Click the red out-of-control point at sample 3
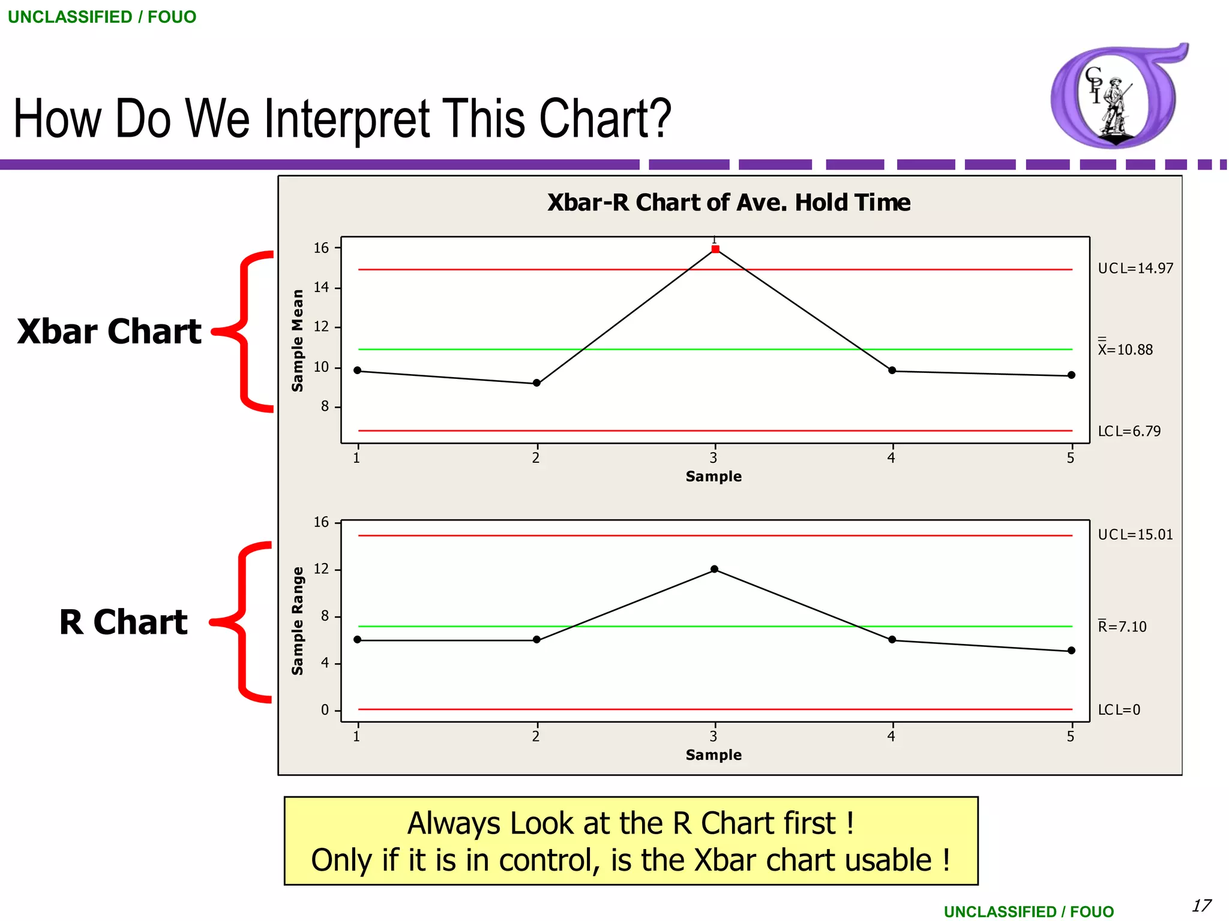(715, 249)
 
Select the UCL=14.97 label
(1135, 269)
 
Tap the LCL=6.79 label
(1129, 431)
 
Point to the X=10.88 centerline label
(1125, 350)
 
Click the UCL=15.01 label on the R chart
(1135, 535)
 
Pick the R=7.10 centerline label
(1122, 627)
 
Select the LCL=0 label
(1119, 710)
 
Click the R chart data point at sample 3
(714, 569)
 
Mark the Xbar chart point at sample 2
(536, 383)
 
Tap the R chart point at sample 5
(1071, 651)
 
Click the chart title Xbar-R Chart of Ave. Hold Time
(729, 203)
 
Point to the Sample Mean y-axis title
(298, 341)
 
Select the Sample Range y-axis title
(298, 621)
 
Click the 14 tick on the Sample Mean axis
(322, 287)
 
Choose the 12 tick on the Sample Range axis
(322, 569)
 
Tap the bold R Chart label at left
(123, 622)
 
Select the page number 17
(1201, 905)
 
